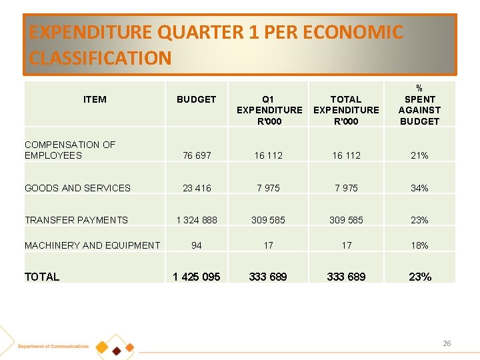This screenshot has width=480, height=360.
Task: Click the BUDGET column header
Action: pyautogui.click(x=196, y=99)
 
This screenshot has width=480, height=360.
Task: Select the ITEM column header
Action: pyautogui.click(x=95, y=99)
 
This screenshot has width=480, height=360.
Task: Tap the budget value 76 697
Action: pyautogui.click(x=196, y=155)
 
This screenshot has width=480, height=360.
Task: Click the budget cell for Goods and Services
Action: pyautogui.click(x=196, y=188)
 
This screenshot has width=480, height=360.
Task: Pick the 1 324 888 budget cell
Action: pyautogui.click(x=196, y=220)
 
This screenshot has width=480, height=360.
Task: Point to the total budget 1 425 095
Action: pyautogui.click(x=196, y=277)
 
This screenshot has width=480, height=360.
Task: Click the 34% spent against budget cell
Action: pyautogui.click(x=419, y=188)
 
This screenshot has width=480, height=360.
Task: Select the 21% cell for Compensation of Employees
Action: pyautogui.click(x=419, y=155)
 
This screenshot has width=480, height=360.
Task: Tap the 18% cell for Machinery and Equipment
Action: pyautogui.click(x=419, y=245)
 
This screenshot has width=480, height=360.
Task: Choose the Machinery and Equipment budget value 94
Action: pyautogui.click(x=196, y=245)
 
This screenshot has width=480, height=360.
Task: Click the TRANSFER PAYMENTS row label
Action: pyautogui.click(x=76, y=220)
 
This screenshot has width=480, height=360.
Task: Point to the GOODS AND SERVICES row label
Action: pyautogui.click(x=77, y=188)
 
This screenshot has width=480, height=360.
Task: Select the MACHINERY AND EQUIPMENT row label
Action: pyautogui.click(x=92, y=245)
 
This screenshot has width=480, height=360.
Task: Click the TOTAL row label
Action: pyautogui.click(x=42, y=277)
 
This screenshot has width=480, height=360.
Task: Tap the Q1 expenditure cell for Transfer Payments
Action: pyautogui.click(x=268, y=220)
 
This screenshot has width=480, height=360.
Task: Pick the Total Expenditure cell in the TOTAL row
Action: pyautogui.click(x=346, y=277)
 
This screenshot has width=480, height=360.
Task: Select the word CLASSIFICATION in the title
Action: pyautogui.click(x=100, y=58)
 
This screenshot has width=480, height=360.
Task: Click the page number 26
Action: pyautogui.click(x=447, y=343)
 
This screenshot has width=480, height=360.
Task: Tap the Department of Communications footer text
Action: pyautogui.click(x=53, y=347)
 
